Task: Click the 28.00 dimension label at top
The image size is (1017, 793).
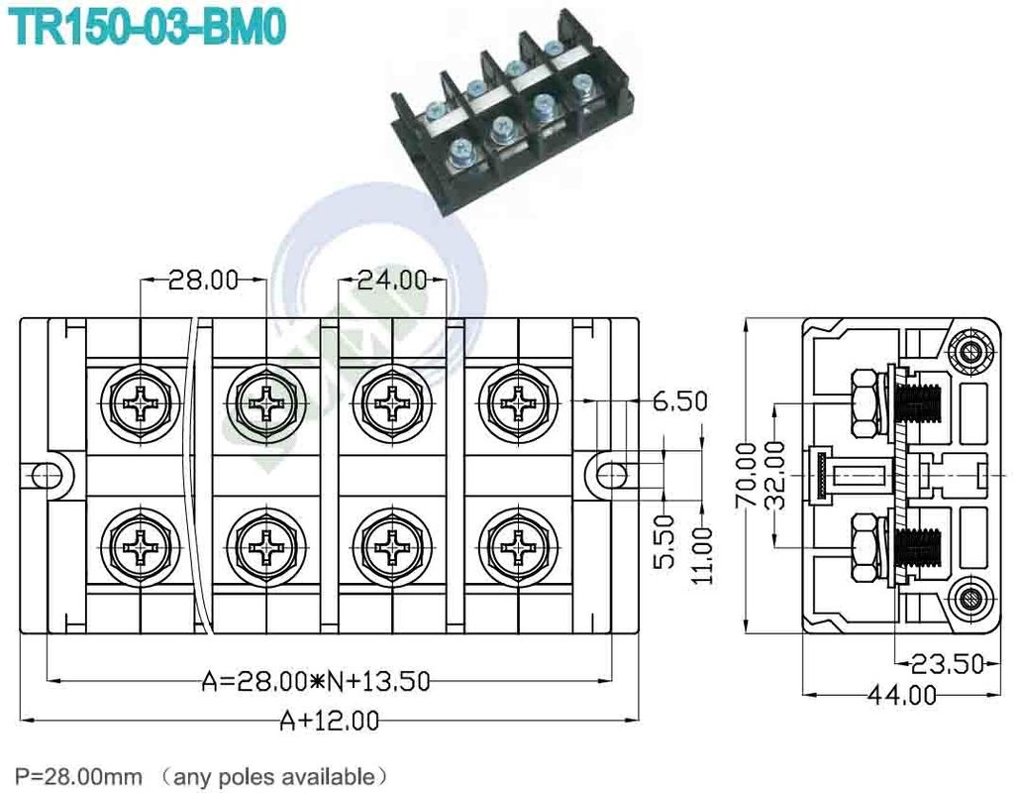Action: point(203,281)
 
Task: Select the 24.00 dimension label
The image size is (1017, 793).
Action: point(391,281)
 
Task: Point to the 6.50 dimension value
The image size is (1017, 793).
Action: point(679,401)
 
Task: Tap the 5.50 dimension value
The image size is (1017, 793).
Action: point(664,541)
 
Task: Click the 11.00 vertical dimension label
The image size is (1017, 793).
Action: point(701,555)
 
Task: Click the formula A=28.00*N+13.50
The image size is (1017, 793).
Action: point(316,681)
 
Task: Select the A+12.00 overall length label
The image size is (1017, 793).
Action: point(329,721)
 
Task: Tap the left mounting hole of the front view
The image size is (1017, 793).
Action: point(46,475)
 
